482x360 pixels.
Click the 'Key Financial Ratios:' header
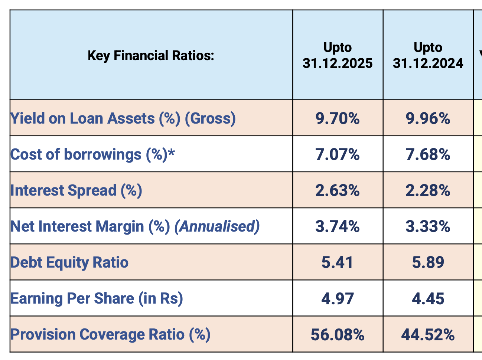[151, 56]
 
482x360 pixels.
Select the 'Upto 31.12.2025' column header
[337, 56]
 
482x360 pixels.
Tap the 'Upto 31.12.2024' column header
[428, 56]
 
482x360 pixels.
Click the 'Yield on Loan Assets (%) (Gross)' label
[123, 118]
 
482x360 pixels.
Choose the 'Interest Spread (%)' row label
[76, 190]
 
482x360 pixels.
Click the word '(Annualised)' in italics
[217, 226]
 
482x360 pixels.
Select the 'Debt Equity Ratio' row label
[69, 262]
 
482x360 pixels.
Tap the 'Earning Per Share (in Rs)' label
[97, 298]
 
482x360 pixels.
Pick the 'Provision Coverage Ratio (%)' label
[110, 334]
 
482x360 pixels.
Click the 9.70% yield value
[337, 119]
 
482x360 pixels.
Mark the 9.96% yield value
[428, 119]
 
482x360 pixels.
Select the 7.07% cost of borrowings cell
[337, 154]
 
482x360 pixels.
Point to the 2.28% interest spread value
[428, 191]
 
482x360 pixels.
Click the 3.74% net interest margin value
[337, 226]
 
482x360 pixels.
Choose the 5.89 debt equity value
[428, 263]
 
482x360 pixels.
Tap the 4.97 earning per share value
[337, 299]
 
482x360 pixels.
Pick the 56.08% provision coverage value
[337, 335]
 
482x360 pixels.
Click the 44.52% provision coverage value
[428, 335]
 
